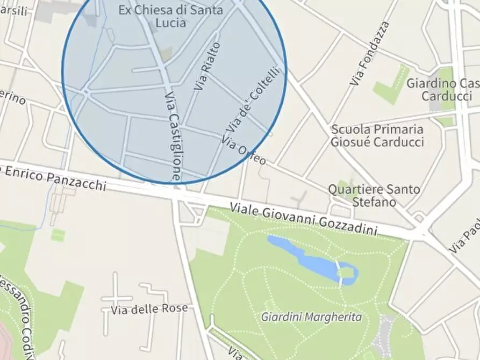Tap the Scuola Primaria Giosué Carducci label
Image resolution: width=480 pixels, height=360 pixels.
coord(377,136)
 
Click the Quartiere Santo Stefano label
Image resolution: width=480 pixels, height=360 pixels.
coord(374,196)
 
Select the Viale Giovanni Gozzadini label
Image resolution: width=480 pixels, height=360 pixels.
coord(303,218)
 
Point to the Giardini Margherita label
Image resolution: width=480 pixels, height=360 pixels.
coord(311,317)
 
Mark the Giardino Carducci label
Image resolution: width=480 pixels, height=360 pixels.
coord(442,90)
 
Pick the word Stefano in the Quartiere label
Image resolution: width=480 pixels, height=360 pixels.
coord(374,203)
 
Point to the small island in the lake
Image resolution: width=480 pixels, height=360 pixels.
coord(346,274)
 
